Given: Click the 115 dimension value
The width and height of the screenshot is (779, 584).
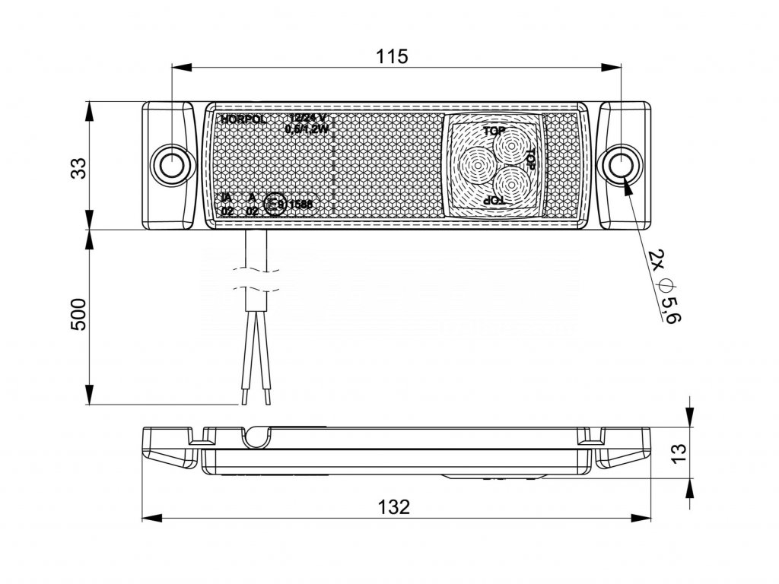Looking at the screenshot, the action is point(393,56).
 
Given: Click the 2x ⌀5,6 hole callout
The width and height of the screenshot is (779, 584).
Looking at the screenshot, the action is point(660,285).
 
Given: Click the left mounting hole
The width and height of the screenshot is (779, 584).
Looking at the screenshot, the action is point(172,163).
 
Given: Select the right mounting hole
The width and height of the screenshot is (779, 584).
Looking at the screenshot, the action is point(622,163).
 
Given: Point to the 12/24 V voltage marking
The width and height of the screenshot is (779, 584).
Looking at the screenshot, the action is point(308,118).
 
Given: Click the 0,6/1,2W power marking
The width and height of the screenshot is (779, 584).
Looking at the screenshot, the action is point(306,129).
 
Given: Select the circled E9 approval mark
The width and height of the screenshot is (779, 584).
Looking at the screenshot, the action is point(275,204).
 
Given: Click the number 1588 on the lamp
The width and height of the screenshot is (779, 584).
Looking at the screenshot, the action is point(300,204).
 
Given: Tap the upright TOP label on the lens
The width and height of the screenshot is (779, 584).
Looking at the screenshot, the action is point(494,130).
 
